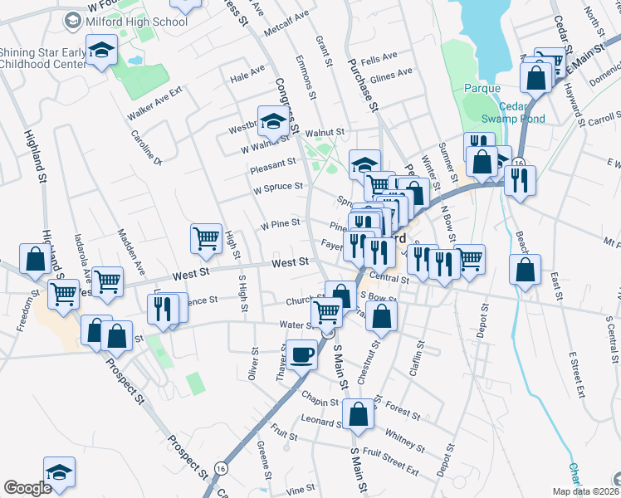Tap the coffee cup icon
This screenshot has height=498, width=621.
pyautogui.click(x=302, y=354)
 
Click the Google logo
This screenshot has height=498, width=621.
pyautogui.click(x=27, y=487)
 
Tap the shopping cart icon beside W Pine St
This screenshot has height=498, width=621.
pyautogui.click(x=206, y=238)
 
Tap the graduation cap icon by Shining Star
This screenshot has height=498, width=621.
pyautogui.click(x=101, y=53)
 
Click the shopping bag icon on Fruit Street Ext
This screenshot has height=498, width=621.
pyautogui.click(x=358, y=413)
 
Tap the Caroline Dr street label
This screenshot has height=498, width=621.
pyautogui.click(x=146, y=146)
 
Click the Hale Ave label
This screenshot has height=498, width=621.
pyautogui.click(x=247, y=75)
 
